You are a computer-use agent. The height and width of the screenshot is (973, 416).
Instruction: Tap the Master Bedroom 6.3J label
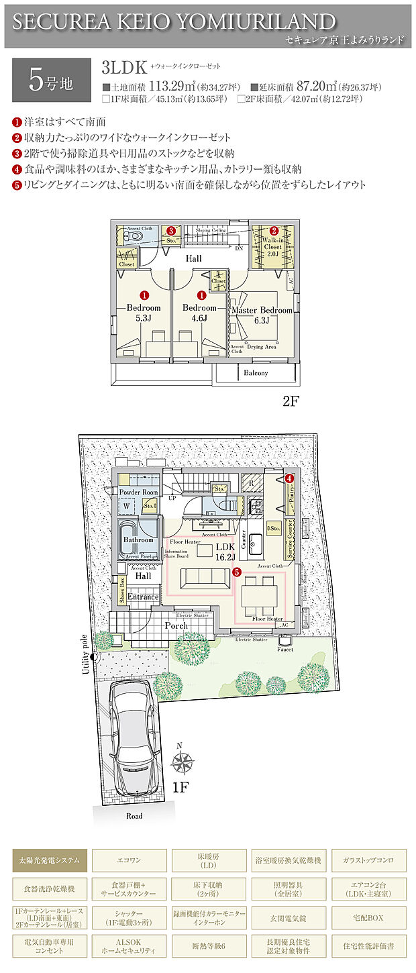262,315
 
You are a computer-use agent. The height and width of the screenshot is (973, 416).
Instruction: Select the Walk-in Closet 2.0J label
273,246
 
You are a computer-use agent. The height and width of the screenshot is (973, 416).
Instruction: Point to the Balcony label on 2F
256,372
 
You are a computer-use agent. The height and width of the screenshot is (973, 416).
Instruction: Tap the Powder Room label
139,493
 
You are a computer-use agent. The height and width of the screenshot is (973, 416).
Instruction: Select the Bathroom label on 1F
138,540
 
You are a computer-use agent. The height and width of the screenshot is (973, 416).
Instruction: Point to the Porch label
176,625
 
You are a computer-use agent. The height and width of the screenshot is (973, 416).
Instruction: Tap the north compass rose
181,762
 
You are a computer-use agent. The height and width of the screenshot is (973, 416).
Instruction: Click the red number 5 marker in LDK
236,572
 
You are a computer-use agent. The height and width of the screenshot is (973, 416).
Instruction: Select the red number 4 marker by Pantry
289,478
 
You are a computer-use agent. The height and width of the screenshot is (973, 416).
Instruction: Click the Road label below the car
134,816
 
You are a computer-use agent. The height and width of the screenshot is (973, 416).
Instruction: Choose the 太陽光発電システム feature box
50,860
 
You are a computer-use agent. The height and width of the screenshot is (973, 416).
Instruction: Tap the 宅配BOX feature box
368,917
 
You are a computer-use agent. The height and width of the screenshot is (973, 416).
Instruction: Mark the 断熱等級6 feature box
209,946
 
